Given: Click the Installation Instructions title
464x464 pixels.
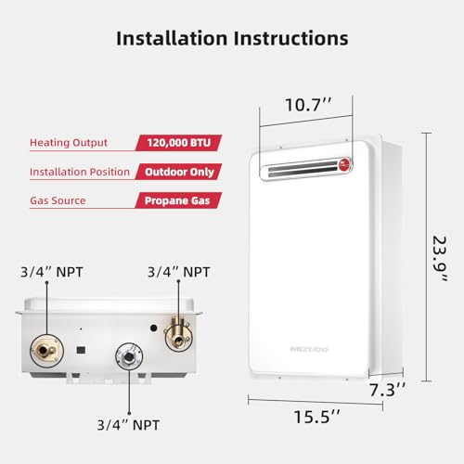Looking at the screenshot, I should click(x=232, y=39).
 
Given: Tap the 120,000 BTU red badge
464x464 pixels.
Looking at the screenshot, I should click(x=175, y=143).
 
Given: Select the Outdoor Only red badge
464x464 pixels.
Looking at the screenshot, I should click(x=179, y=172).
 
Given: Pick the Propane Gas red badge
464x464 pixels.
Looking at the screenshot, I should click(x=179, y=200).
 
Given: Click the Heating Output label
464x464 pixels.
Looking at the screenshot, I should click(x=68, y=143).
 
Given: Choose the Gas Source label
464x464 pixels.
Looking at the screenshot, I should click(x=58, y=200).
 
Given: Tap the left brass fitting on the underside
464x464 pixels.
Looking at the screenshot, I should click(x=44, y=349).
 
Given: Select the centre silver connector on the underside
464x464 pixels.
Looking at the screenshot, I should click(x=126, y=357).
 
